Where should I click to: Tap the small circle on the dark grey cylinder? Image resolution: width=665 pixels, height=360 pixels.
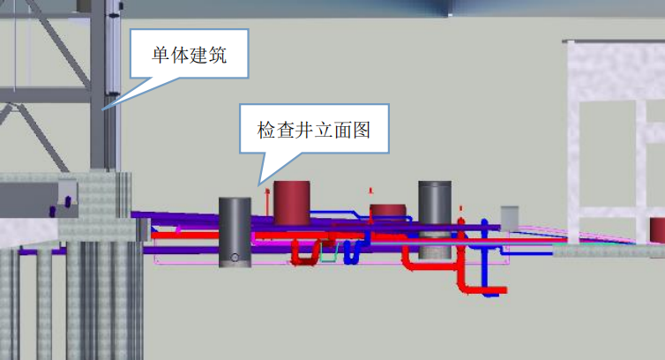(x=235, y=259)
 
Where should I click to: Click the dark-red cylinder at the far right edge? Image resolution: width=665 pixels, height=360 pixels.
(x=658, y=230)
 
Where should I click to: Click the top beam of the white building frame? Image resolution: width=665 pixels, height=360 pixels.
(x=614, y=43)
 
